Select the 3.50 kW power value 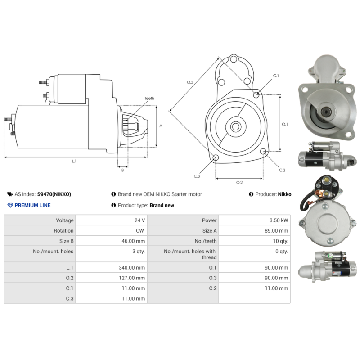point(279,220)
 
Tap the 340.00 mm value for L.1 point(132,267)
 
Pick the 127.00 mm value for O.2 point(132,278)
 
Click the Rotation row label point(63,231)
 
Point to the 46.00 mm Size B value point(133,241)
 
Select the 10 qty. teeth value point(280,241)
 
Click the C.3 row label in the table point(70,298)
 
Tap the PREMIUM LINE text point(32,205)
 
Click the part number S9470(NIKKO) point(54,194)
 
